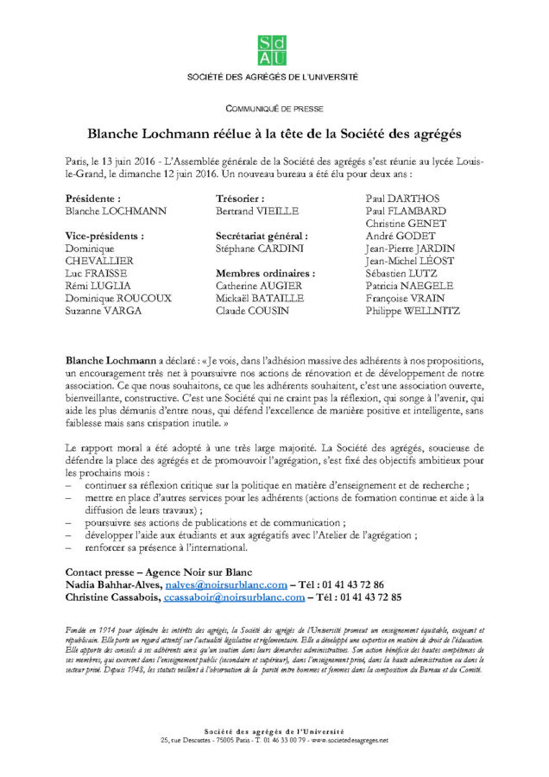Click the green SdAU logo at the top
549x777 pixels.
[x=274, y=50]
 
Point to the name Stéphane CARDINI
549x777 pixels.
[x=258, y=248]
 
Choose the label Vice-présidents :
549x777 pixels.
[x=104, y=236]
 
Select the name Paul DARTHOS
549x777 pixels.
[x=401, y=199]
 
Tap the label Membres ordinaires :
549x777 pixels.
[x=265, y=273]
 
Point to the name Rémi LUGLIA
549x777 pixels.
[x=97, y=285]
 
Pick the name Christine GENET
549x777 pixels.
[x=402, y=223]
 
